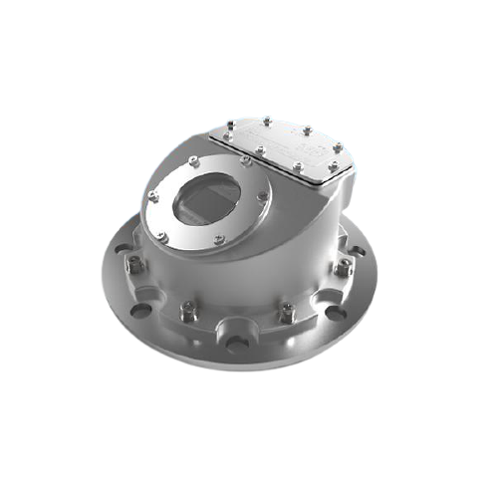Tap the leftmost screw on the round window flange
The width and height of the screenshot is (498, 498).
tap(151, 194)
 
